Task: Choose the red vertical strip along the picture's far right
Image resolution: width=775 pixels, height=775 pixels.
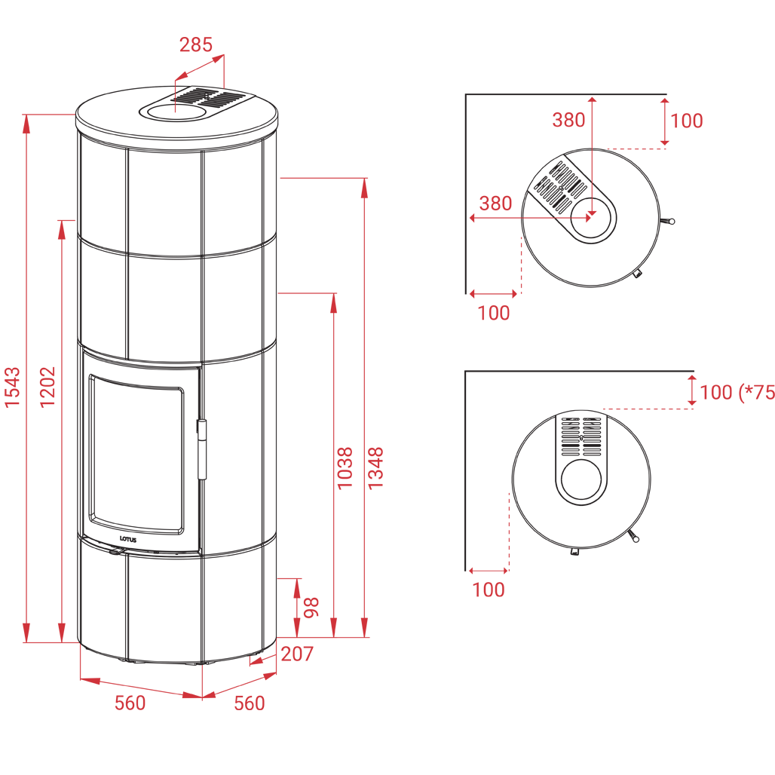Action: [x=743, y=452]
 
